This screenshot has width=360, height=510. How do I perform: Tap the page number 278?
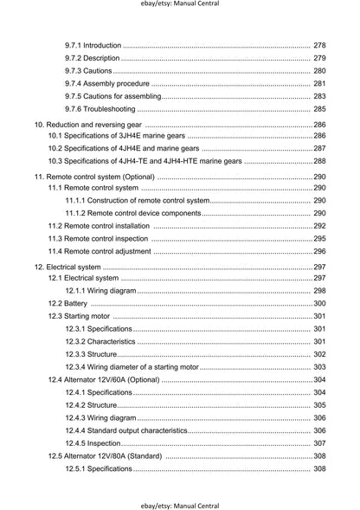click(x=319, y=45)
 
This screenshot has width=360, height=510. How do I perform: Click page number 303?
click(x=319, y=367)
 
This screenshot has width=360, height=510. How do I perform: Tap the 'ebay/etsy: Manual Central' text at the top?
click(x=179, y=5)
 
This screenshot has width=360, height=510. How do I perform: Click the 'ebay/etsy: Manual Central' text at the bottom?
click(x=179, y=504)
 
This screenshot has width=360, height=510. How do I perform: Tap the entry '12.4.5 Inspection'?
click(x=93, y=443)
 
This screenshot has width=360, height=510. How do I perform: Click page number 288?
click(x=319, y=161)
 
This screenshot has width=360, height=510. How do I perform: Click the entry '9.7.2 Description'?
click(x=93, y=58)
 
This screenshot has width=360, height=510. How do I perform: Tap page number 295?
click(x=319, y=238)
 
